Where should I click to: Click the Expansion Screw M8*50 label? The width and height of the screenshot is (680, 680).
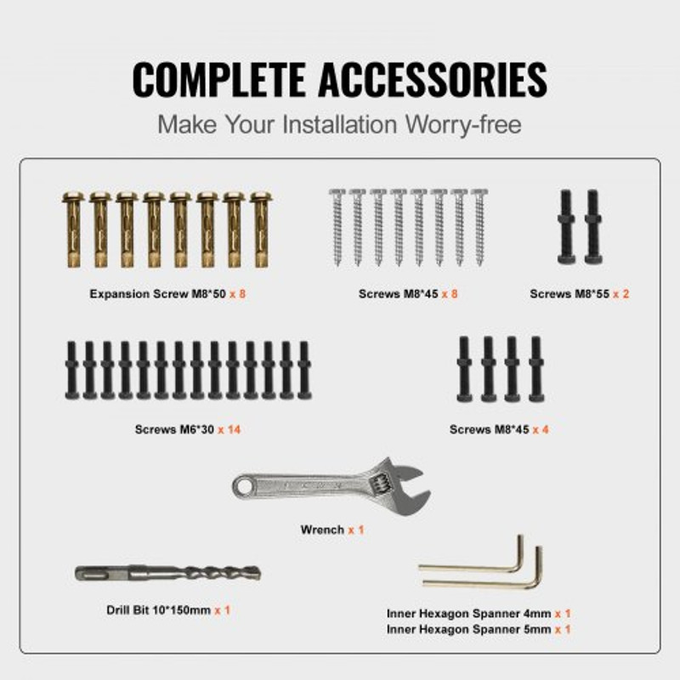157,294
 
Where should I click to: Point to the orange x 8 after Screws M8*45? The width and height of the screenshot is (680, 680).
450,294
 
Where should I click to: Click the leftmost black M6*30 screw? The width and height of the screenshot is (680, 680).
71,371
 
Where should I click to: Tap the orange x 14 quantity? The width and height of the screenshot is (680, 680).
229,429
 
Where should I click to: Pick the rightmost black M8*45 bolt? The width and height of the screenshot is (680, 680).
535,369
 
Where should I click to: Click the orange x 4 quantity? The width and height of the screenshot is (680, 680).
540,429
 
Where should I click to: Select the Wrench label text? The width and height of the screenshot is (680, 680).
322,530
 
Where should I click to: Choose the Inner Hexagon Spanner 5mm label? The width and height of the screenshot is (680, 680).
468,629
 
